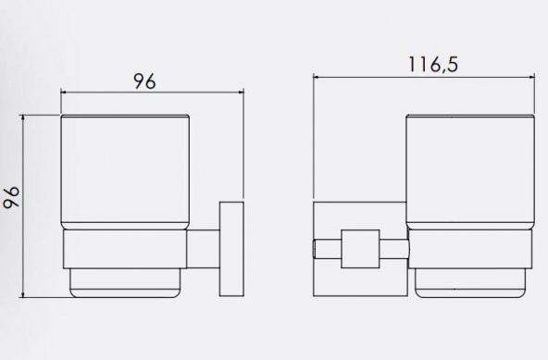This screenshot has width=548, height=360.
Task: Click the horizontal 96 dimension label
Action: pyautogui.click(x=144, y=81)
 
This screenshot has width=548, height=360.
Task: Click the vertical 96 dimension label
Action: pyautogui.click(x=11, y=197)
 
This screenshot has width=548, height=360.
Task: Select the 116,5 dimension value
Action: pyautogui.click(x=433, y=65)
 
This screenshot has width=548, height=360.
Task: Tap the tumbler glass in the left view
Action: pyautogui.click(x=125, y=171)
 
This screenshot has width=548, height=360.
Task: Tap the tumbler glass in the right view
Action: pyautogui.click(x=470, y=172)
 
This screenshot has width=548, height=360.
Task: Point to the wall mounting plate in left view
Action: pyautogui.click(x=231, y=249)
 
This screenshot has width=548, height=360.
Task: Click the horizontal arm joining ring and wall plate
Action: pyautogui.click(x=203, y=249)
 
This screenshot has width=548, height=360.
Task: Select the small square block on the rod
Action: pyautogui.click(x=360, y=249)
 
